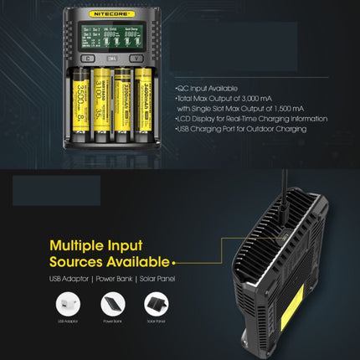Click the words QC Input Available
tap(208, 88)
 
